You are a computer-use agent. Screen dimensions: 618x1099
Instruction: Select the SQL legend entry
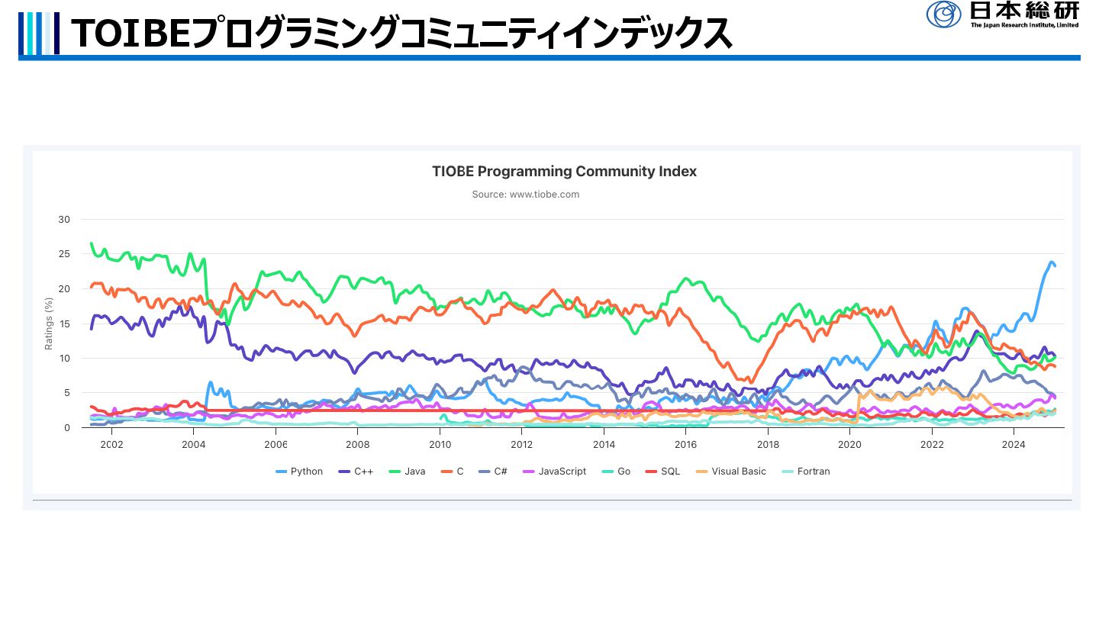click(670, 472)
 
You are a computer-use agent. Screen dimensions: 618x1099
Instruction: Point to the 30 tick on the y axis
click(64, 220)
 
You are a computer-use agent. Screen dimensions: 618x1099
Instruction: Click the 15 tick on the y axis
click(64, 323)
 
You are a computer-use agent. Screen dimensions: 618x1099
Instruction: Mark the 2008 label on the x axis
click(357, 444)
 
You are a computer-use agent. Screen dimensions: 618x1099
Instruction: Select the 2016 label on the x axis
click(685, 444)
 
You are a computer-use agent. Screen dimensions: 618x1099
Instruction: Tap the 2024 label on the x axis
click(1014, 444)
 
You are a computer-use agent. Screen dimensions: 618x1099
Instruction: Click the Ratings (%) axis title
click(49, 323)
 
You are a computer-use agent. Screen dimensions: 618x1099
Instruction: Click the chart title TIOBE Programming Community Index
click(564, 172)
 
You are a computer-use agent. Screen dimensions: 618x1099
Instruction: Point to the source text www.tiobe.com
click(526, 195)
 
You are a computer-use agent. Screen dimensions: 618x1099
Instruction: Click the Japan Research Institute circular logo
click(944, 14)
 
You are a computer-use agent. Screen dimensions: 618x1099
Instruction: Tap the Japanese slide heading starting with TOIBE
click(401, 33)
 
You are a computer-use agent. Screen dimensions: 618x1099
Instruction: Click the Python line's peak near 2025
click(1052, 262)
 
